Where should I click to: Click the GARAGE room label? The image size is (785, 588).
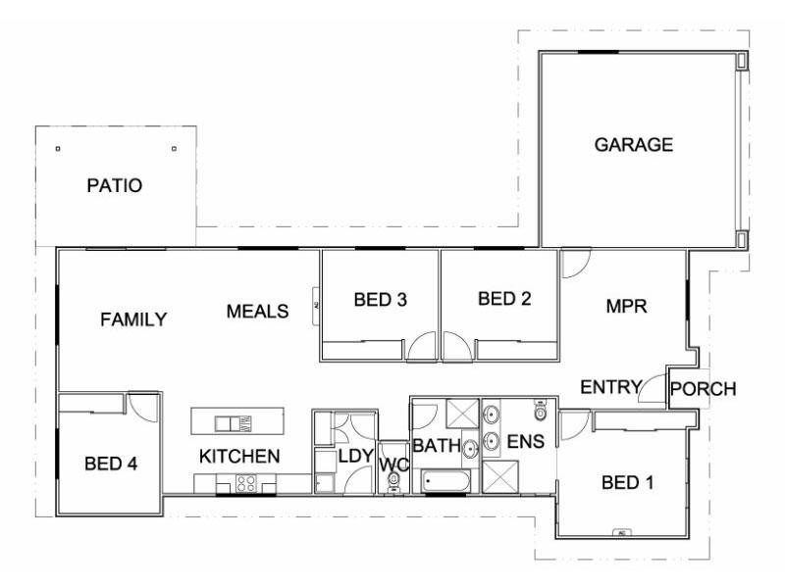pos(634,145)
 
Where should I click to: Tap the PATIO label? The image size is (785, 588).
pos(114,184)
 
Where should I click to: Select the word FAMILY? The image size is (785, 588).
pos(133,319)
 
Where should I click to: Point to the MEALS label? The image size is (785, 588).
pos(257,312)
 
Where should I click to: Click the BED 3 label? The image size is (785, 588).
pos(381,300)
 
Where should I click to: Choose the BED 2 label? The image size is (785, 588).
pos(504,299)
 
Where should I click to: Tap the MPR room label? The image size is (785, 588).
pos(626,306)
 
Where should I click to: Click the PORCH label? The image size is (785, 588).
pos(703,389)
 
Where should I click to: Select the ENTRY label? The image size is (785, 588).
pos(610,386)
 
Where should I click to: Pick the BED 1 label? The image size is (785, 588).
pos(626,482)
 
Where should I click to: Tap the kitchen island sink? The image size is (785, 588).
pos(234,423)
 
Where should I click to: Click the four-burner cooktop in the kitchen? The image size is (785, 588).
pos(245,482)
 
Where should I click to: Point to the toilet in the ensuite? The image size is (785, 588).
pos(540,407)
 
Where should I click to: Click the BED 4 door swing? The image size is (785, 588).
pos(143,407)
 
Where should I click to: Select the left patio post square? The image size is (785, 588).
pos(58,149)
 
